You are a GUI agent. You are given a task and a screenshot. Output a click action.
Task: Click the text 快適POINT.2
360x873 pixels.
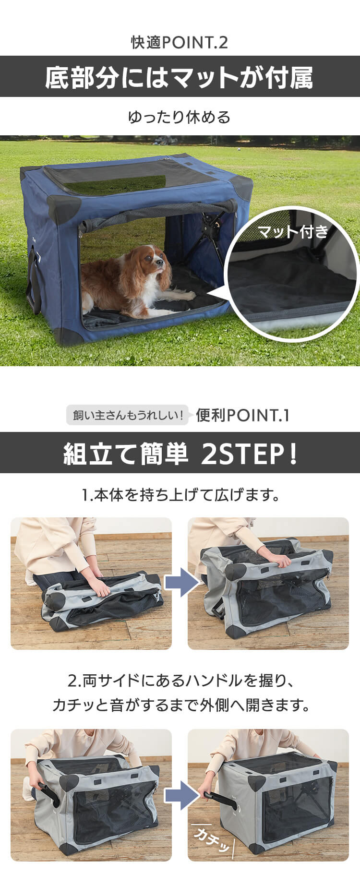click(180, 43)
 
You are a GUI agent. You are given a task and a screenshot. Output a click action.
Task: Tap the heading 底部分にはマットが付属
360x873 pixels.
click(180, 77)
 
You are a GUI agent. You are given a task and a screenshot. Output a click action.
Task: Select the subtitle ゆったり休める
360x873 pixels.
click(180, 117)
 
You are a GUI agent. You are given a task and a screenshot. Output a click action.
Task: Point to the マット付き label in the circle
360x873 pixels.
click(293, 232)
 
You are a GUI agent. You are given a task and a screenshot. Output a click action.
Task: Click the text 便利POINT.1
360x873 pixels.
click(242, 415)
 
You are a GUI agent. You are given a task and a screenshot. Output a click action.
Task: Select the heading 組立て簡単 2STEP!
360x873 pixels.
click(180, 454)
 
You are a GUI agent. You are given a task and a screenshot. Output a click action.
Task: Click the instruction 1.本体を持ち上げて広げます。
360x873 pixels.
click(180, 495)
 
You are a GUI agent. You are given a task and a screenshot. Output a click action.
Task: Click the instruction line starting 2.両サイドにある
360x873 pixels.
click(180, 680)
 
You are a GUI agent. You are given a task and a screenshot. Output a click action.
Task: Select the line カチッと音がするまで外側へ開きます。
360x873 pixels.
click(180, 705)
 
